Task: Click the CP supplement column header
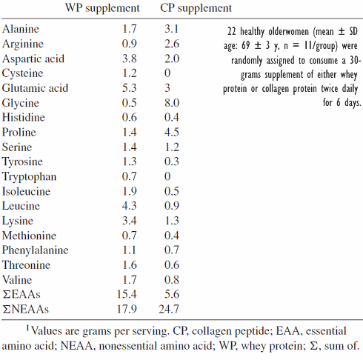(x=196, y=9)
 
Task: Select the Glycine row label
(x=21, y=103)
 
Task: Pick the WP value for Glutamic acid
(x=130, y=88)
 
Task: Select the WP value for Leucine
(x=130, y=205)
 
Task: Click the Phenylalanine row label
(x=37, y=250)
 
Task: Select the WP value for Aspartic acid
(x=130, y=59)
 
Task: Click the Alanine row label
(x=21, y=30)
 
